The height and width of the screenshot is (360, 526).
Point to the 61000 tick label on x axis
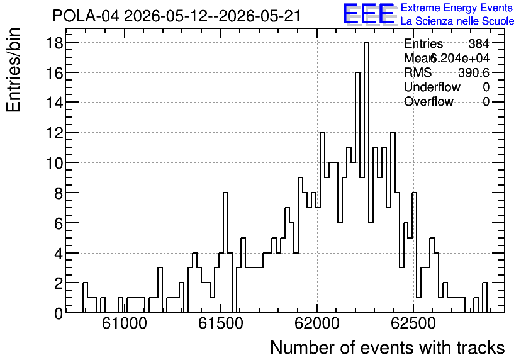coord(125,323)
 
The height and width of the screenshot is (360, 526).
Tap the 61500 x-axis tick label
coord(221,323)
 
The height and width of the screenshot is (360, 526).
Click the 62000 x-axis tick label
coord(317,323)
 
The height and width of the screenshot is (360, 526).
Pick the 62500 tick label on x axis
coord(413,323)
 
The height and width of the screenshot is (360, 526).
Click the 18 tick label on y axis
coord(55,43)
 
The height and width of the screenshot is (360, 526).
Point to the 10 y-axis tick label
coord(55,163)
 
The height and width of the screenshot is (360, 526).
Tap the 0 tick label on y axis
coord(59,313)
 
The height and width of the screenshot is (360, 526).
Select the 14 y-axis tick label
coord(55,103)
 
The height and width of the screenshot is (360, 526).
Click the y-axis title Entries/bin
coord(14,70)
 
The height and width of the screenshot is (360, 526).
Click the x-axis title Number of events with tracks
coord(388,347)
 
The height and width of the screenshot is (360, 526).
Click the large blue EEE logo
coord(369,14)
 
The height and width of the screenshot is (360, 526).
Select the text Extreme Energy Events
coord(457,8)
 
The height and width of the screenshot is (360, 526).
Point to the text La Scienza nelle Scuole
coord(457,21)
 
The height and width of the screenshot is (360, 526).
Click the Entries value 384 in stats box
coord(479,43)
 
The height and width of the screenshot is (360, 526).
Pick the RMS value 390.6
coord(474,72)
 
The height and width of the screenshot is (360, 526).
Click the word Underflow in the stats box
coord(432,87)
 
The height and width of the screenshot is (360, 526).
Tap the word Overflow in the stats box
coord(428,101)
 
